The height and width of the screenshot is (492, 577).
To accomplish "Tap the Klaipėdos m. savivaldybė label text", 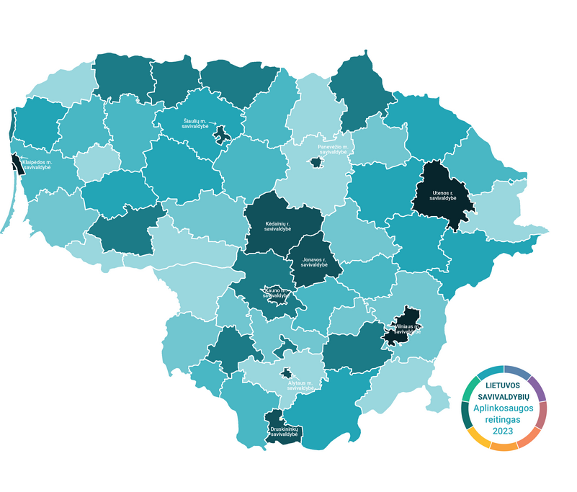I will [x=41, y=166].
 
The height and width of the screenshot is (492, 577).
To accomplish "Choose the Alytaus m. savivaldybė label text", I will [x=303, y=385].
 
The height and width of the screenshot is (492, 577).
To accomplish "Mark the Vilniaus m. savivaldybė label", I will [x=408, y=328].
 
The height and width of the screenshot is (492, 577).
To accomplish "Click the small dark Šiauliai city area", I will [x=223, y=134].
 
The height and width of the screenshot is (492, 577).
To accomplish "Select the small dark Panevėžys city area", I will [x=314, y=163].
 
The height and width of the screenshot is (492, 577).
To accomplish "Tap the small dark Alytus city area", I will [x=287, y=373].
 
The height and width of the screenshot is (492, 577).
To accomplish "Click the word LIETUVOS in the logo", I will [x=502, y=386].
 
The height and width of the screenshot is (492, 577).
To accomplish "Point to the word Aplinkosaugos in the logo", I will [x=502, y=408].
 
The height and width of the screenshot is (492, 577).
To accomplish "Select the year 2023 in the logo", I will [x=502, y=431].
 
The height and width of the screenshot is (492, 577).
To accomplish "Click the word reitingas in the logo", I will [x=502, y=419].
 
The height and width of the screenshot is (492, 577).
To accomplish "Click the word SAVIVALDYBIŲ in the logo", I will [x=502, y=397].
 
